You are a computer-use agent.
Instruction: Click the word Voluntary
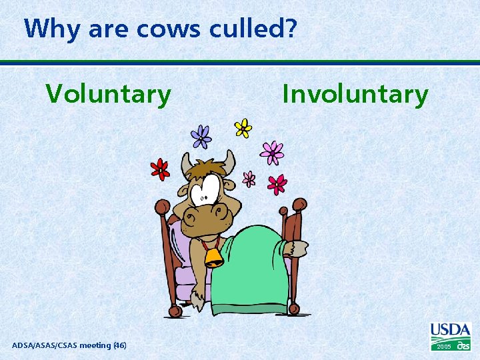[x=108, y=95]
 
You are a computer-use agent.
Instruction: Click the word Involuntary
[x=355, y=95]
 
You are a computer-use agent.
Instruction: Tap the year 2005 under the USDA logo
[x=443, y=347]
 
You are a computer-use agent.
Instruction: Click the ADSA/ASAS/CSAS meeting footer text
[x=69, y=345]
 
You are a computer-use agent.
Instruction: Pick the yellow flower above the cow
[x=243, y=127]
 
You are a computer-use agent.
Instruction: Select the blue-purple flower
[x=201, y=137]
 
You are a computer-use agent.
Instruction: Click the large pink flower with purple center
[x=272, y=153]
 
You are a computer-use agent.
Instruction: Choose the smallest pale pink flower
[x=249, y=178]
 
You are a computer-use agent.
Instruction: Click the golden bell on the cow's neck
[x=213, y=257]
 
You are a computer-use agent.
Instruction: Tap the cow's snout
[x=210, y=217]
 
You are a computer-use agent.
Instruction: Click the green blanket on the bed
[x=257, y=267]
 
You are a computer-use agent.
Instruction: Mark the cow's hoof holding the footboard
[x=296, y=248]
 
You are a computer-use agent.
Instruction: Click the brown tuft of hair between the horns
[x=207, y=166]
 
